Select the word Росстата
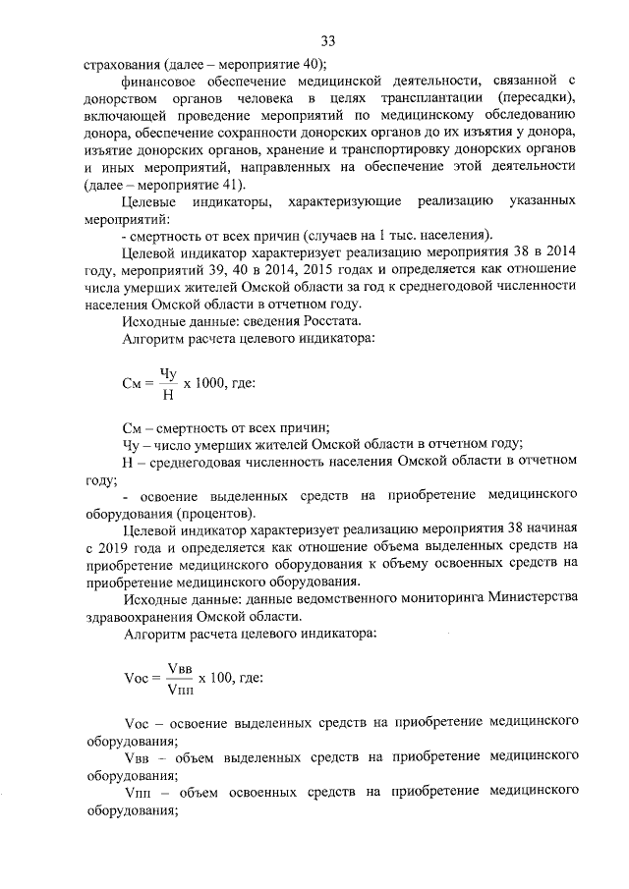pos(332,323)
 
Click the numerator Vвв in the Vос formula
pos(180,667)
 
